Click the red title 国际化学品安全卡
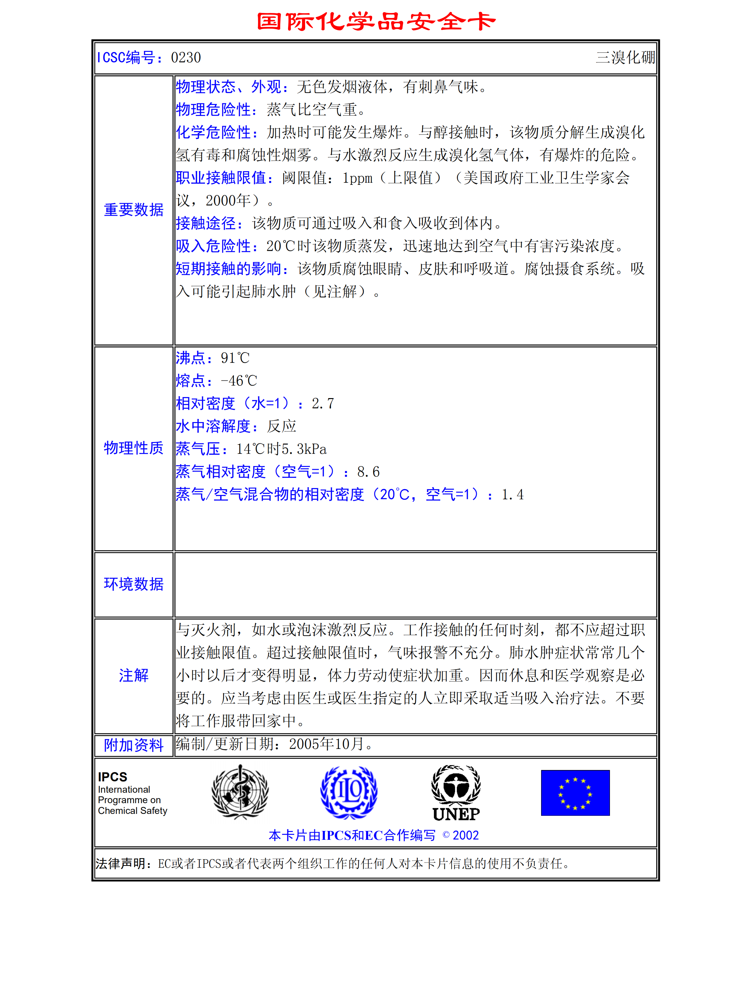pyautogui.click(x=376, y=22)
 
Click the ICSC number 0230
pyautogui.click(x=186, y=58)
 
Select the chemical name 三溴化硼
pyautogui.click(x=625, y=58)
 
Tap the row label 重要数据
pyautogui.click(x=134, y=210)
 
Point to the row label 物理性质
pyautogui.click(x=134, y=448)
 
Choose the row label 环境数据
pyautogui.click(x=134, y=584)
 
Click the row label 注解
pyautogui.click(x=134, y=676)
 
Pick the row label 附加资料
pyautogui.click(x=134, y=745)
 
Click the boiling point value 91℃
pyautogui.click(x=235, y=358)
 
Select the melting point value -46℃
pyautogui.click(x=238, y=381)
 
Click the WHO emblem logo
pyautogui.click(x=240, y=792)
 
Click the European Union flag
pyautogui.click(x=575, y=793)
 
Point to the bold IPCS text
pyautogui.click(x=112, y=777)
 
